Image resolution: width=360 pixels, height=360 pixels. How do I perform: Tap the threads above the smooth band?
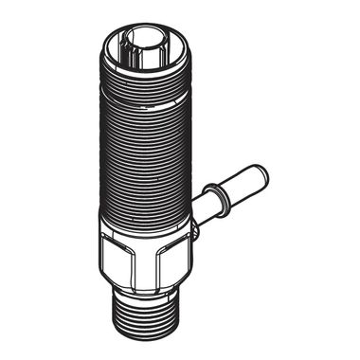[142, 72]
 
